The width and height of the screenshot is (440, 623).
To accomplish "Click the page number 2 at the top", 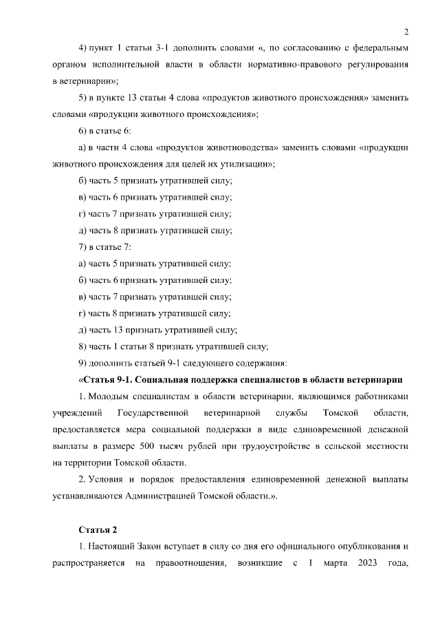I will (x=406, y=31).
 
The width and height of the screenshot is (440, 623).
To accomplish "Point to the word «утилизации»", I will (x=250, y=164).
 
